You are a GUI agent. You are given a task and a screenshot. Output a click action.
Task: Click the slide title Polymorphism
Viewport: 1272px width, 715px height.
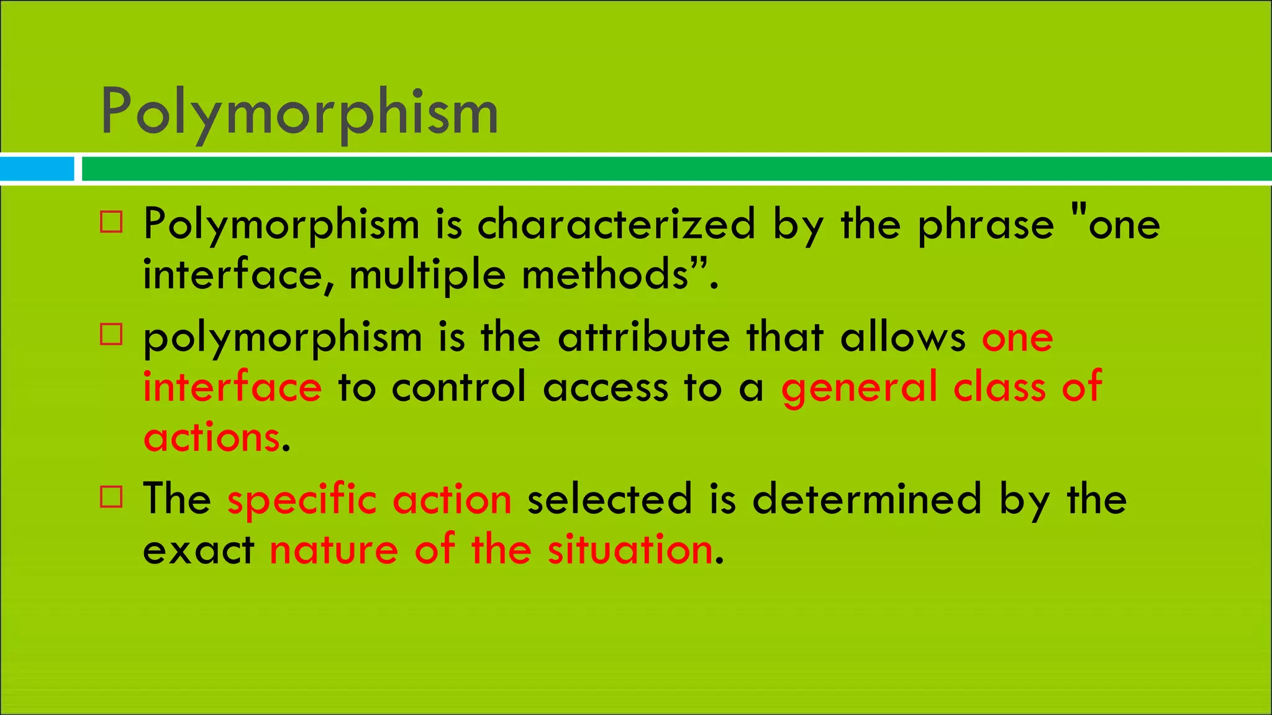coord(299,112)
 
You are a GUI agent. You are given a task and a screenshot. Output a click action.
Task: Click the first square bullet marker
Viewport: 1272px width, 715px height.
coord(111,222)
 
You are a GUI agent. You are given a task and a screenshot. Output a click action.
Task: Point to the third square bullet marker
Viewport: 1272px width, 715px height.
coord(111,497)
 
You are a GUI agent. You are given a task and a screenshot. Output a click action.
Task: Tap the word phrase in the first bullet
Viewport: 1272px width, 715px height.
coord(986,225)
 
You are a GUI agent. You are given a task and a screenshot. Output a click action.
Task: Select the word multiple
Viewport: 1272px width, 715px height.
coord(427,275)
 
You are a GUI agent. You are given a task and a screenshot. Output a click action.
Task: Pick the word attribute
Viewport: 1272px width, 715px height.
coord(643,337)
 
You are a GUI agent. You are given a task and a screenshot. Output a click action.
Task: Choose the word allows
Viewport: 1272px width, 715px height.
coord(903,337)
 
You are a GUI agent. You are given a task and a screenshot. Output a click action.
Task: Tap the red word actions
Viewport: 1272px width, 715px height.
coord(212,437)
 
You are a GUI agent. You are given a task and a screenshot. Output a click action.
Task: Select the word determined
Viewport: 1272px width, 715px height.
coord(867,499)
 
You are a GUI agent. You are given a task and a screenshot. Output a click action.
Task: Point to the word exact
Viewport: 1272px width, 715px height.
coord(199,550)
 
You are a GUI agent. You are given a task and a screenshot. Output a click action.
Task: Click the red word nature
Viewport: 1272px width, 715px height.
coord(334,550)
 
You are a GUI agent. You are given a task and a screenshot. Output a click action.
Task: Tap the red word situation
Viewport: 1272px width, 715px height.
coord(630,550)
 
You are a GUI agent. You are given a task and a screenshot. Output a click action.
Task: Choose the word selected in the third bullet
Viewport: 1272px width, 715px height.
coord(609,499)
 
